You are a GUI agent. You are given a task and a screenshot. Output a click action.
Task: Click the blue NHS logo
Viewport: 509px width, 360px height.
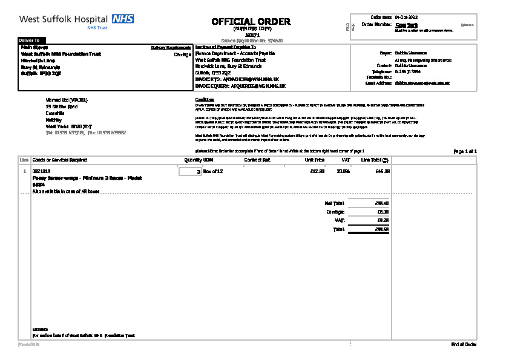123,19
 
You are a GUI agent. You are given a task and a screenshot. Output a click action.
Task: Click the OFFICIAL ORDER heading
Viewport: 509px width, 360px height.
251,22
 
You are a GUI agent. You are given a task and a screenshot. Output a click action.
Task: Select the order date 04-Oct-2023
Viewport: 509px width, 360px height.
406,17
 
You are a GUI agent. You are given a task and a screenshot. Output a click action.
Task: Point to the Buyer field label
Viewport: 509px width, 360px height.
386,53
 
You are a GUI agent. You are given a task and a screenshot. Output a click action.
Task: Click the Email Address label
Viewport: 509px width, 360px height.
379,82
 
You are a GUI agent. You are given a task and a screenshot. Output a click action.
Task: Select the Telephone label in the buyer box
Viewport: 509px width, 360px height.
383,71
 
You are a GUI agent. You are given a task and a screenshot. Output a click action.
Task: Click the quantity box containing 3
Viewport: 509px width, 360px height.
191,172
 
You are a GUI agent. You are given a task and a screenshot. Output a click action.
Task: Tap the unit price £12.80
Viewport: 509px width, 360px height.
317,172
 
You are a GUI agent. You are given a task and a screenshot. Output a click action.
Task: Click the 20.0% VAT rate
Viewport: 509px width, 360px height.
343,172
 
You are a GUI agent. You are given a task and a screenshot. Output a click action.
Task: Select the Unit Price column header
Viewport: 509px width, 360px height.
315,160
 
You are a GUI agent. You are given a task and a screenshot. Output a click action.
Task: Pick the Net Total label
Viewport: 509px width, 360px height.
335,203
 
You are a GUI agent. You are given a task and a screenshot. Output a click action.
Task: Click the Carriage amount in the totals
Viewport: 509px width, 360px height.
383,212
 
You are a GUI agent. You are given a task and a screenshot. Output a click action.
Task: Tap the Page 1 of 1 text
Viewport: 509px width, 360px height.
465,151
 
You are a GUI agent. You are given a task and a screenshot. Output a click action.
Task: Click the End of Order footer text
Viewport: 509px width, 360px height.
464,344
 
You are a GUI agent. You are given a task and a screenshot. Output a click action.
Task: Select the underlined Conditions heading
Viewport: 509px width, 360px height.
205,99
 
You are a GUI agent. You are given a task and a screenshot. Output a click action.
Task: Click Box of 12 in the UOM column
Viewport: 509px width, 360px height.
213,172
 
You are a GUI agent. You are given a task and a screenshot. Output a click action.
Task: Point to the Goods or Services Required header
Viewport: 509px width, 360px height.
60,160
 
